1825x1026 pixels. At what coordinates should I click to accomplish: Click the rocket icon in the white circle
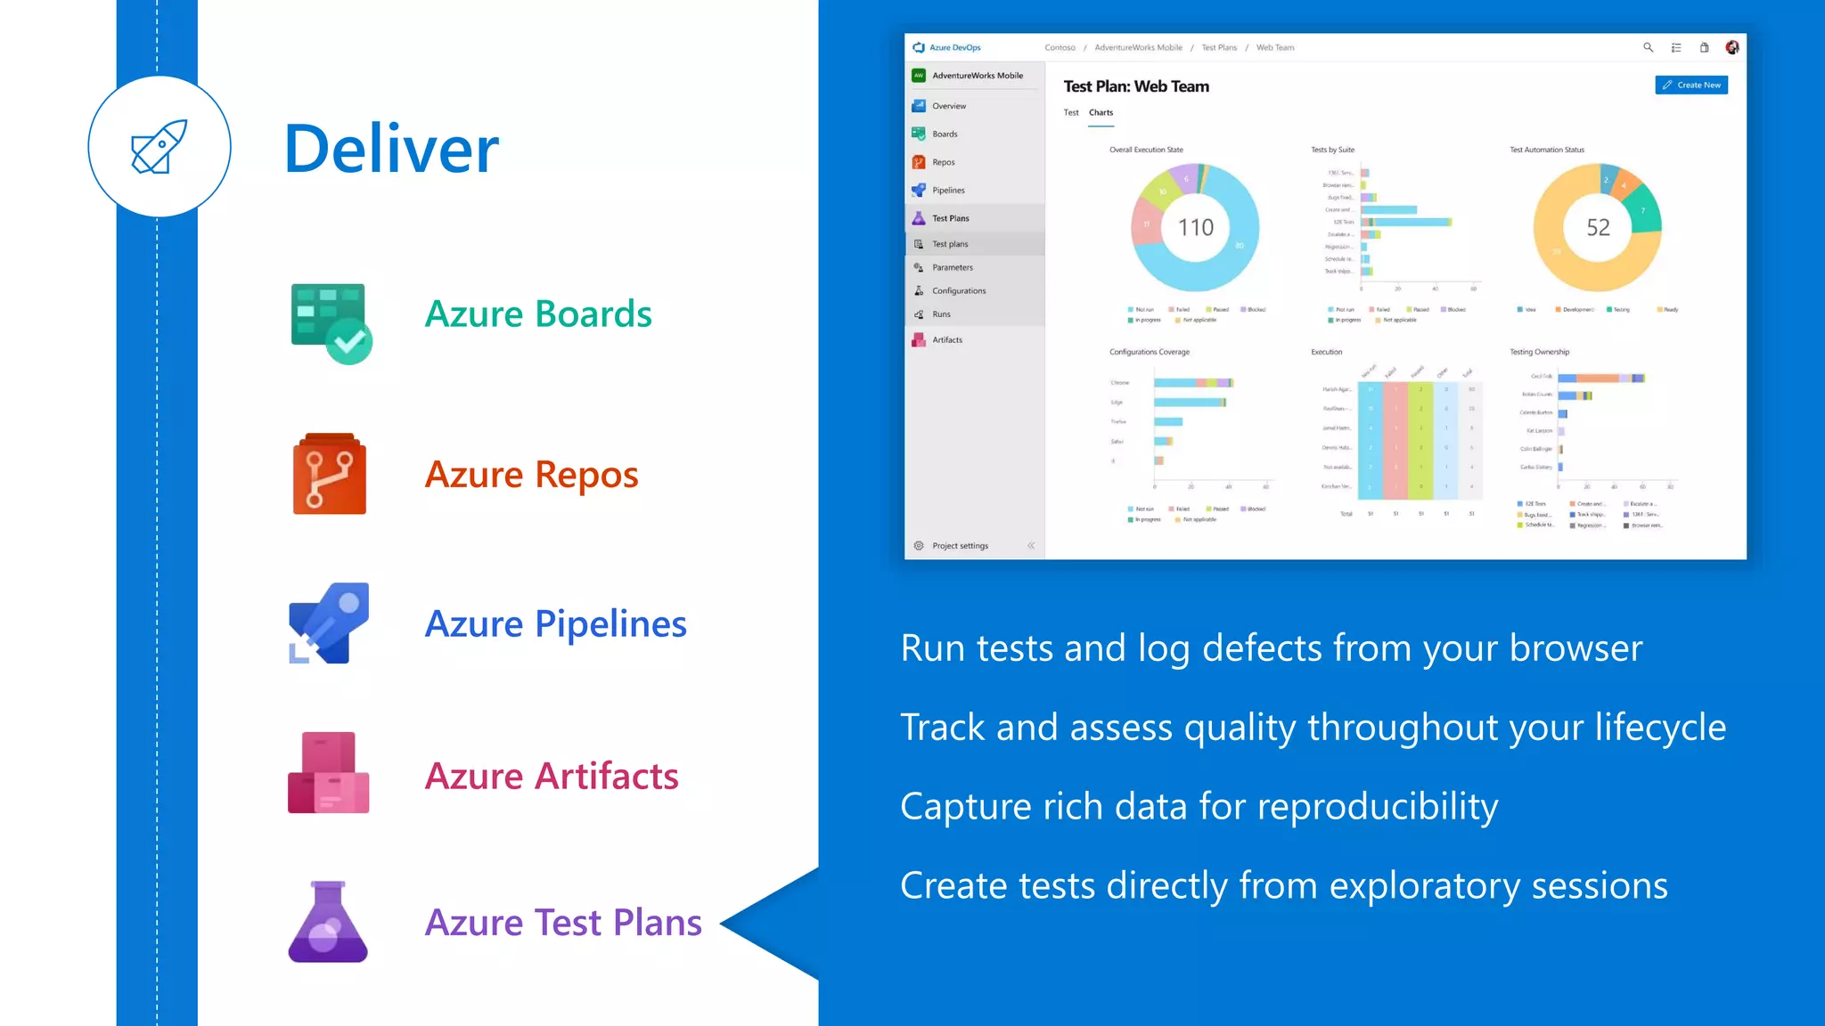pos(160,147)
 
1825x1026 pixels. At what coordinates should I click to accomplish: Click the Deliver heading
pos(391,149)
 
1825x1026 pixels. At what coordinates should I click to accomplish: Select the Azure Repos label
pos(531,475)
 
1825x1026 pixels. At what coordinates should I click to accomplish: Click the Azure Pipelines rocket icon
pos(329,623)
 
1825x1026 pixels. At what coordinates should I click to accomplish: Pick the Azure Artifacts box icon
pos(328,772)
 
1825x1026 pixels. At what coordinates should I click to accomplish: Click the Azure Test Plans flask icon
pos(328,922)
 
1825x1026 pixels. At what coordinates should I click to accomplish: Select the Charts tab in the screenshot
pos(1101,113)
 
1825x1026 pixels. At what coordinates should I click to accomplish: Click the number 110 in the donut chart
pos(1195,228)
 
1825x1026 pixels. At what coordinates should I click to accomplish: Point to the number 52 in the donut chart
pos(1598,228)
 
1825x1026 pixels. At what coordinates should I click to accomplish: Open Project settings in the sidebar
pos(960,546)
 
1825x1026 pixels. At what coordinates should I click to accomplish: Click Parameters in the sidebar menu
pos(952,267)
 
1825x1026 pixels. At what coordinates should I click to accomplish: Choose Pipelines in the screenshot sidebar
pos(948,191)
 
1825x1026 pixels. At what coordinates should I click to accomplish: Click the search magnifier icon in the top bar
pos(1648,48)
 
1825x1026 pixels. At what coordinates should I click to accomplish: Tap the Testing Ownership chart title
pos(1539,353)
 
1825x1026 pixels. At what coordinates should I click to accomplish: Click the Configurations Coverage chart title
pos(1149,353)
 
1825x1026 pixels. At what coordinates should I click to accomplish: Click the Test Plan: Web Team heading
pos(1136,86)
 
